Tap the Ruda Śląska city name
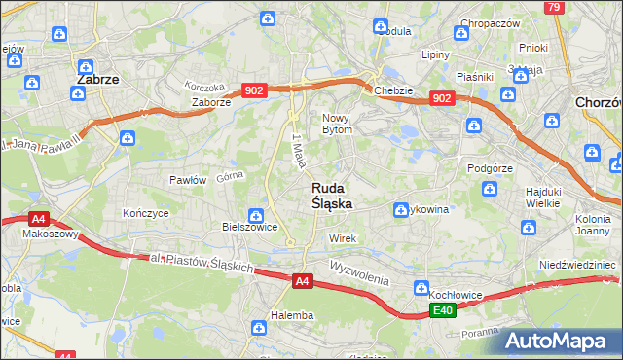click(332, 196)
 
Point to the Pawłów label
click(188, 180)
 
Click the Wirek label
click(344, 238)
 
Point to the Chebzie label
click(394, 90)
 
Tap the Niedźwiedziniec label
click(578, 264)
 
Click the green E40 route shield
click(443, 309)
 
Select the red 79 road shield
click(554, 7)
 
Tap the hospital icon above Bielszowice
click(255, 215)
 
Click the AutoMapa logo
click(560, 341)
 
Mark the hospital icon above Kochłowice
click(421, 289)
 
